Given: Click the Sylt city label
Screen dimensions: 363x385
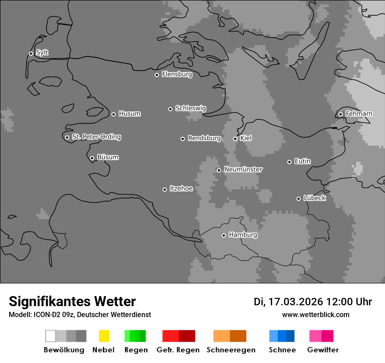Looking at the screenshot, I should click(x=42, y=53).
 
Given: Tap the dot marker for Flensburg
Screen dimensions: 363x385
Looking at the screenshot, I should click(x=157, y=75).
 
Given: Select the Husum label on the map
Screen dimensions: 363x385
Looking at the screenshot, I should click(x=129, y=114).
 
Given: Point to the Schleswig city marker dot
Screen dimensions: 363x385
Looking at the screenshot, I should click(x=170, y=109).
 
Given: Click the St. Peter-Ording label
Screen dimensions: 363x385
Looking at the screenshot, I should click(x=96, y=137).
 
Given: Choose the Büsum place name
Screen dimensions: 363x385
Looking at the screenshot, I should click(x=108, y=157).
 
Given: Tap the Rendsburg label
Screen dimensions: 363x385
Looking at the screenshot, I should click(x=204, y=138).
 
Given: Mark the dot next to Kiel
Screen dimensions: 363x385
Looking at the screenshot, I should click(x=235, y=139).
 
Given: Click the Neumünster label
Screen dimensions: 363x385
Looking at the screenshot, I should click(x=243, y=169).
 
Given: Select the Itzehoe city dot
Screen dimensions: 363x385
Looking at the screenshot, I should click(x=164, y=189).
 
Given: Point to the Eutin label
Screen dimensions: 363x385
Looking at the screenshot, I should click(x=302, y=161).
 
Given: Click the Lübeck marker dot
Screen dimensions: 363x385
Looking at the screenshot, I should click(x=298, y=199).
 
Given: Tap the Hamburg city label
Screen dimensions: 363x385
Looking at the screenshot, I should click(x=243, y=235).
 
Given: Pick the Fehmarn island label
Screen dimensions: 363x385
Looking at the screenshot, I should click(x=359, y=114).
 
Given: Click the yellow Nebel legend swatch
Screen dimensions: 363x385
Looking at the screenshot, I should click(x=104, y=336).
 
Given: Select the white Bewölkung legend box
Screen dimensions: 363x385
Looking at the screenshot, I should click(x=50, y=336).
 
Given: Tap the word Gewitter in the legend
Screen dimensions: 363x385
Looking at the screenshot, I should click(x=322, y=350).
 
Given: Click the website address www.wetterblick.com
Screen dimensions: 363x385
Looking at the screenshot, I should click(x=315, y=314).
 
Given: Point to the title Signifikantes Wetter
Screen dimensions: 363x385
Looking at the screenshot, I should click(x=72, y=301).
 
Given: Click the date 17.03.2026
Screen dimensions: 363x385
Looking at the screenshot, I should click(x=295, y=302).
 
